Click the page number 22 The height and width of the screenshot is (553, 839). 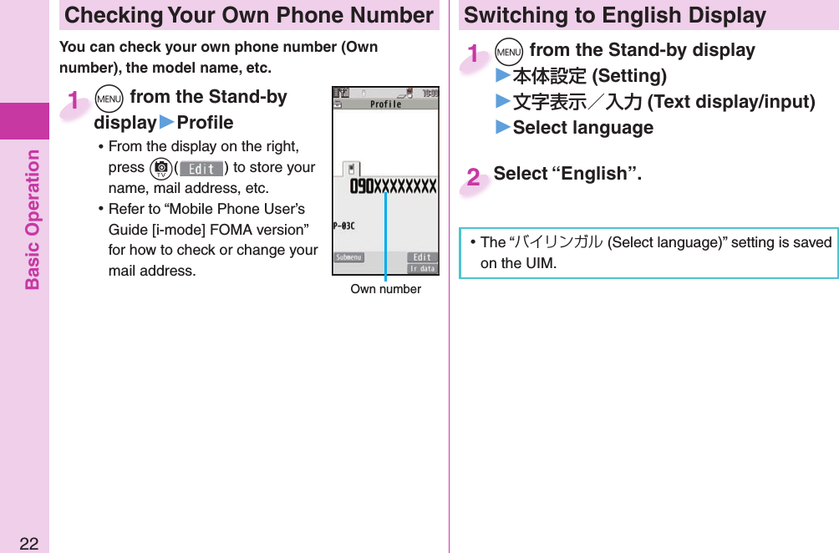(x=28, y=544)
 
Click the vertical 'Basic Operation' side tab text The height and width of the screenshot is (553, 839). (x=33, y=220)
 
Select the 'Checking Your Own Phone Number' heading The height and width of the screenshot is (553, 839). (x=249, y=15)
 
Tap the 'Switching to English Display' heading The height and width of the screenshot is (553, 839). (x=614, y=15)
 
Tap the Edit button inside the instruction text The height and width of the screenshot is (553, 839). (x=201, y=168)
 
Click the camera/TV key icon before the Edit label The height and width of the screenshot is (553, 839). (x=160, y=168)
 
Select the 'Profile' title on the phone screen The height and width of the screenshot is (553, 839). (x=385, y=104)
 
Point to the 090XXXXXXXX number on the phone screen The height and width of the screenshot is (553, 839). (x=393, y=186)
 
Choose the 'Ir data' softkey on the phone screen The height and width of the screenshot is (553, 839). (x=422, y=268)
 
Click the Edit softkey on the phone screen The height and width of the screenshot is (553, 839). (x=422, y=257)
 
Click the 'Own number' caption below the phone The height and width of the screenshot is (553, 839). (x=385, y=289)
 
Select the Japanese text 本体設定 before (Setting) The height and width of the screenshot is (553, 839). (x=550, y=77)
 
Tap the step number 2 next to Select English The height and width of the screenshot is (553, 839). (x=474, y=177)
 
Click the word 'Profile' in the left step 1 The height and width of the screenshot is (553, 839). (x=205, y=123)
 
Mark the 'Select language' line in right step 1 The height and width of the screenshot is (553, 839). (x=582, y=128)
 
